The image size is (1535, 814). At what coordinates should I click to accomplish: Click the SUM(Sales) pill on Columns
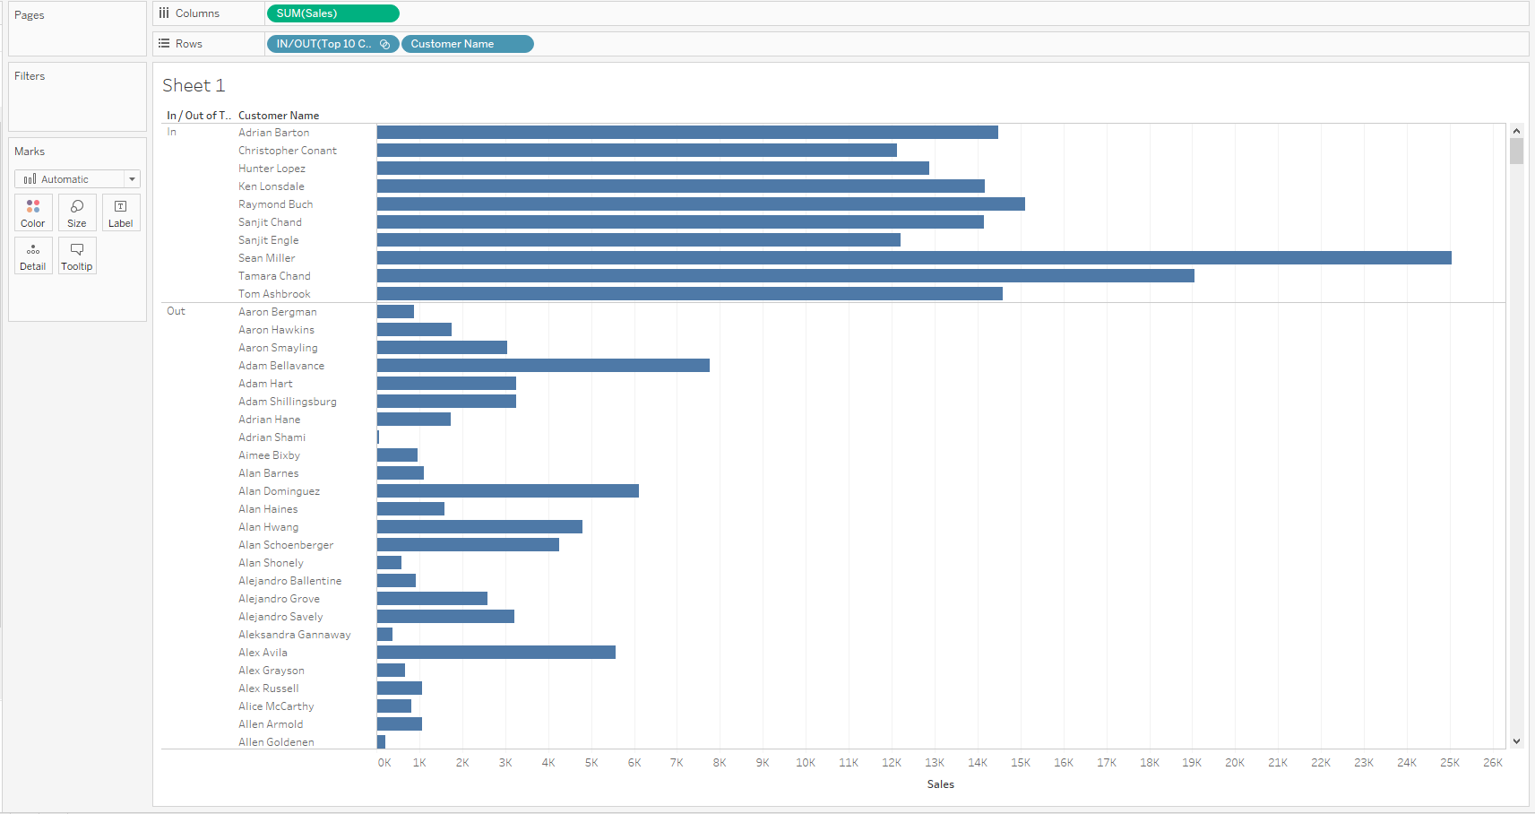(332, 13)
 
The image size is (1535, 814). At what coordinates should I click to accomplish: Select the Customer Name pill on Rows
(467, 44)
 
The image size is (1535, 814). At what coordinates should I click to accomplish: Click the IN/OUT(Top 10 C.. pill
(332, 44)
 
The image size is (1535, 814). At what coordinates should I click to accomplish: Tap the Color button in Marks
(33, 213)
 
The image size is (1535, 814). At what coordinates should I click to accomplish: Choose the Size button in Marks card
(77, 213)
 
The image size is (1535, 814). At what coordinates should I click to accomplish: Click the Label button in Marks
(121, 213)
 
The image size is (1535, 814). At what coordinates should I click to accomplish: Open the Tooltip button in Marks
(77, 256)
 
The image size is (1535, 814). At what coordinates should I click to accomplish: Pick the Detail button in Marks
(33, 256)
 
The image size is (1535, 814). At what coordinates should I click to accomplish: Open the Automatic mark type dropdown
(77, 179)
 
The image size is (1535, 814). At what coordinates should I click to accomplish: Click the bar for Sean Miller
(914, 258)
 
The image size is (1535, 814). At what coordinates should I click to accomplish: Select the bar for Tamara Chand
(785, 276)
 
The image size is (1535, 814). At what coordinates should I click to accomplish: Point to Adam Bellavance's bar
(543, 366)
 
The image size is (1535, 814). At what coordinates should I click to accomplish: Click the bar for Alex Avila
(496, 653)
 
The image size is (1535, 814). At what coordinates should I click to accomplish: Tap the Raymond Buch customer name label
(275, 204)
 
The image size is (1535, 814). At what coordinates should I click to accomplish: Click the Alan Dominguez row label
(279, 491)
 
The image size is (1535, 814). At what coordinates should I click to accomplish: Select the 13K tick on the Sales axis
(935, 763)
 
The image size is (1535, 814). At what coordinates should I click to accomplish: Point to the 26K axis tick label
(1493, 763)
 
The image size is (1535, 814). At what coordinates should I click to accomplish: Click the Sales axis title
(940, 784)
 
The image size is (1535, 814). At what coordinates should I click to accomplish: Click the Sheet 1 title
(194, 85)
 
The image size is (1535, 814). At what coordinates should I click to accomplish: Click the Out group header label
(176, 311)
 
